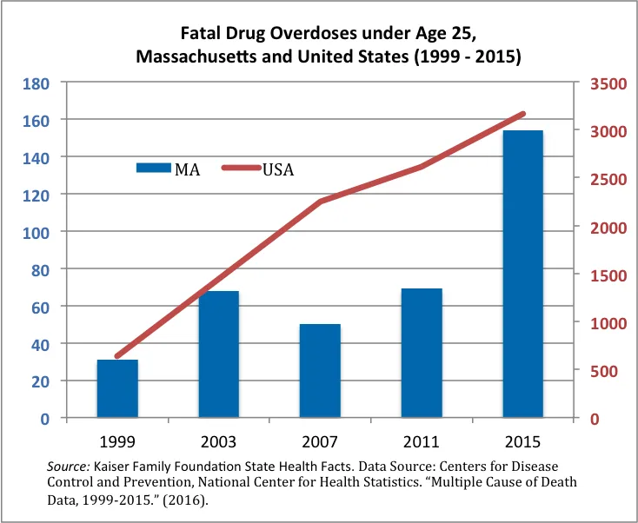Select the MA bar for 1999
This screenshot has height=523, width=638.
pos(117,388)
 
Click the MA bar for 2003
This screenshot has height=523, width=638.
pos(219,354)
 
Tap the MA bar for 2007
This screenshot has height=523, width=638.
pos(320,371)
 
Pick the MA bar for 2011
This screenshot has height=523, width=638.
pos(422,353)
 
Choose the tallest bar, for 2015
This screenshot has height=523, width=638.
pos(523,275)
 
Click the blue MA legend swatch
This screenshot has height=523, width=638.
pos(153,168)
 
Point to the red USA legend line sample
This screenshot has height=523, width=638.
pos(242,168)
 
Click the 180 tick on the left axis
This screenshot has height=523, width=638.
pos(36,83)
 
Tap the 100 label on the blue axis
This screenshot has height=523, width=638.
pos(36,233)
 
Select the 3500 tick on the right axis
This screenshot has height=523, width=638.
pos(608,84)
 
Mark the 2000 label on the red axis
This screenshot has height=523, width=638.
pos(608,228)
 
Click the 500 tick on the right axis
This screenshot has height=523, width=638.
pos(603,371)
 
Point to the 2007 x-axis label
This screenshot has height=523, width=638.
pos(320,441)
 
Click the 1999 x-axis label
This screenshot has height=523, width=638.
pos(117,441)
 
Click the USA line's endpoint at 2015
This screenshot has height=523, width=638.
pos(523,114)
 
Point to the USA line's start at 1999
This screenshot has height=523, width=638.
pos(117,356)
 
